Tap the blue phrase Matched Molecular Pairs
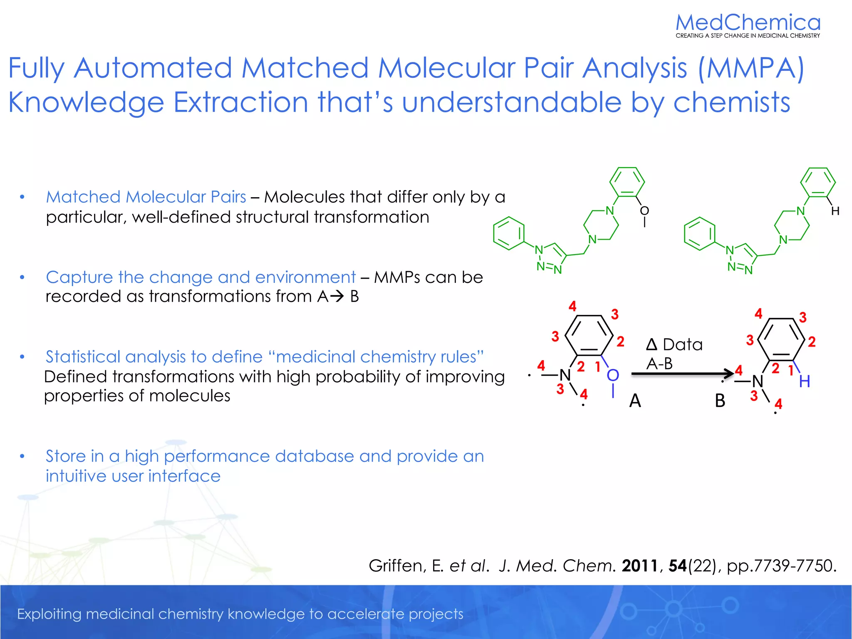point(146,197)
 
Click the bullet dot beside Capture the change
point(22,277)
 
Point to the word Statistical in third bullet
point(83,357)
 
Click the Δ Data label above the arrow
point(674,344)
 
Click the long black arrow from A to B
point(682,374)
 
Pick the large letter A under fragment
point(635,401)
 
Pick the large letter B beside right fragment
point(720,401)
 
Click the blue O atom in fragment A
point(612,376)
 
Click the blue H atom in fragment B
point(804,381)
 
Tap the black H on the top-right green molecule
point(835,211)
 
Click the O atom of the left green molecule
point(644,211)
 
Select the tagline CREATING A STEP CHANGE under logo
point(748,36)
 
